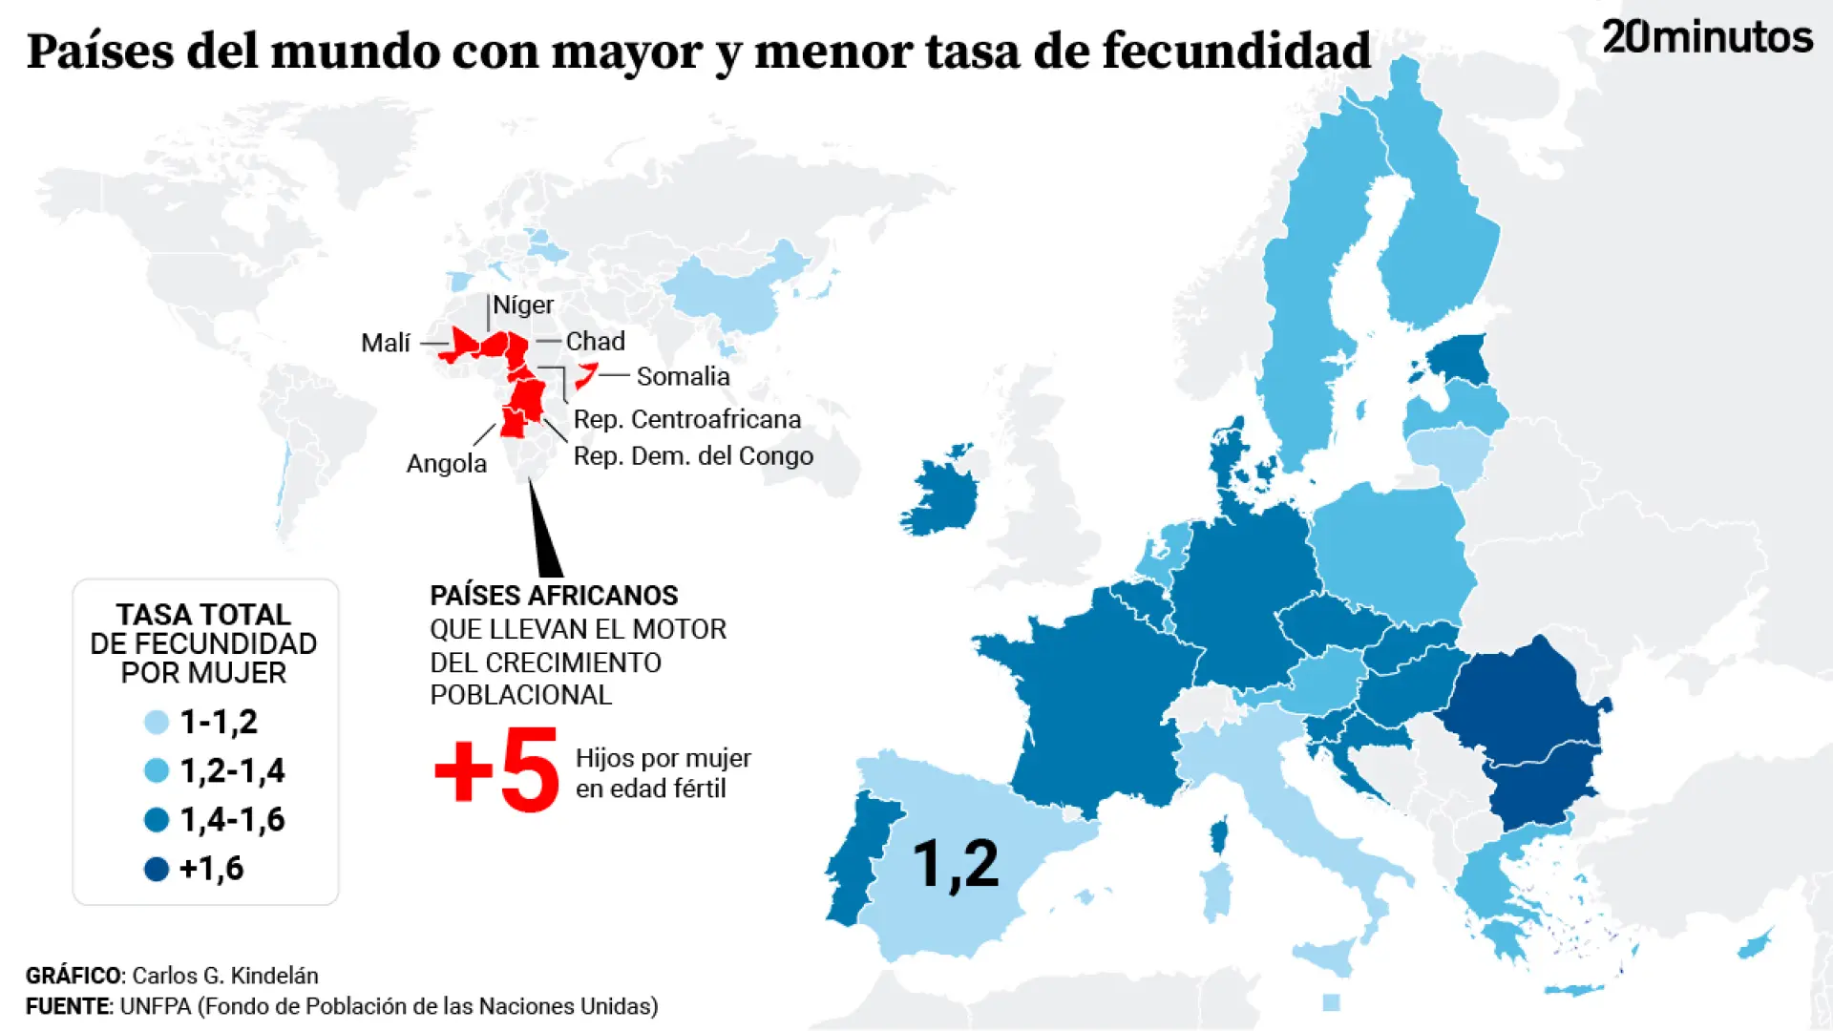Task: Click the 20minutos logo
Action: click(x=1707, y=37)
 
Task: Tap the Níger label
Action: click(x=522, y=305)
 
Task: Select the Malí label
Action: click(x=386, y=343)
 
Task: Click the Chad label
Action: click(x=595, y=341)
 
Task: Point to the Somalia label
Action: click(x=683, y=376)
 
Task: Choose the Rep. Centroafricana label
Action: click(x=686, y=419)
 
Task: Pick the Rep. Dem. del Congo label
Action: click(x=693, y=455)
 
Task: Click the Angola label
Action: click(x=447, y=463)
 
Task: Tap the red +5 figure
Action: click(x=496, y=771)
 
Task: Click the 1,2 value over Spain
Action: click(x=956, y=864)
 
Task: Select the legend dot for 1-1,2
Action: click(x=157, y=723)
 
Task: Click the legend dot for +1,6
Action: click(x=157, y=869)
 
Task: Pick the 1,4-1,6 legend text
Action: click(x=232, y=819)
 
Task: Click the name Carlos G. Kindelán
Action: click(x=224, y=976)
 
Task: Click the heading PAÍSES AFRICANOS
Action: click(x=554, y=595)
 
